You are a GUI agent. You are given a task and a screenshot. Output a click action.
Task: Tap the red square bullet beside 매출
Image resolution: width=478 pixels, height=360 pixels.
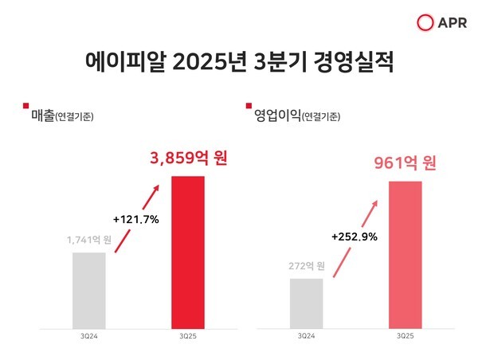point(26,105)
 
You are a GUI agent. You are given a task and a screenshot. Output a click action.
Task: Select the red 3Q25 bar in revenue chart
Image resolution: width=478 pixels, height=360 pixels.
point(188,252)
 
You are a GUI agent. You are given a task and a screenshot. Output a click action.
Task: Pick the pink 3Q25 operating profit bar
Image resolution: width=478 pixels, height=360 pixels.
point(405,254)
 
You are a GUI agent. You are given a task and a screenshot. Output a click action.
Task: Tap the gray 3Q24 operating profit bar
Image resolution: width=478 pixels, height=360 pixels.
point(306,303)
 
